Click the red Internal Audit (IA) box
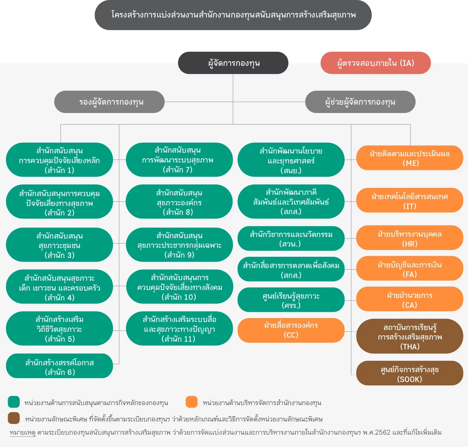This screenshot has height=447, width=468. [376, 63]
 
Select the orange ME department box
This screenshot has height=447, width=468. [410, 158]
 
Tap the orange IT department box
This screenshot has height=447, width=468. [410, 200]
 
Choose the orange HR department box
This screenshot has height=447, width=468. [410, 238]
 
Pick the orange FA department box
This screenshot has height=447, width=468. [410, 268]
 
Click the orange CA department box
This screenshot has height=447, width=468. [410, 299]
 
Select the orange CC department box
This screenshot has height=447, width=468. [291, 330]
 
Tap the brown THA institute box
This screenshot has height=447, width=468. [410, 336]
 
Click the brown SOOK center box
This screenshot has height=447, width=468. [410, 373]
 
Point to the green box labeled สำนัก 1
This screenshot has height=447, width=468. [59, 160]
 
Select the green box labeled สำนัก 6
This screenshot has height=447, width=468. [59, 366]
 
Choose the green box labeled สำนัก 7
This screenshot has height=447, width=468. [179, 160]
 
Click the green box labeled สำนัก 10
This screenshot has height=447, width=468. [180, 287]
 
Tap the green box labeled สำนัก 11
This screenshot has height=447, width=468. [179, 328]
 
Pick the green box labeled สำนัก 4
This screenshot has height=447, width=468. [59, 287]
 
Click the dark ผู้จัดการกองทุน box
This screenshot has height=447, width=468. [233, 63]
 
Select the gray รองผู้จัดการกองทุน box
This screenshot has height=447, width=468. [109, 102]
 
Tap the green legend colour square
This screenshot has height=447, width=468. [14, 402]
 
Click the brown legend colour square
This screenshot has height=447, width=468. [14, 418]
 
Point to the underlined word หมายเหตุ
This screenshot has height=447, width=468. [22, 433]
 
